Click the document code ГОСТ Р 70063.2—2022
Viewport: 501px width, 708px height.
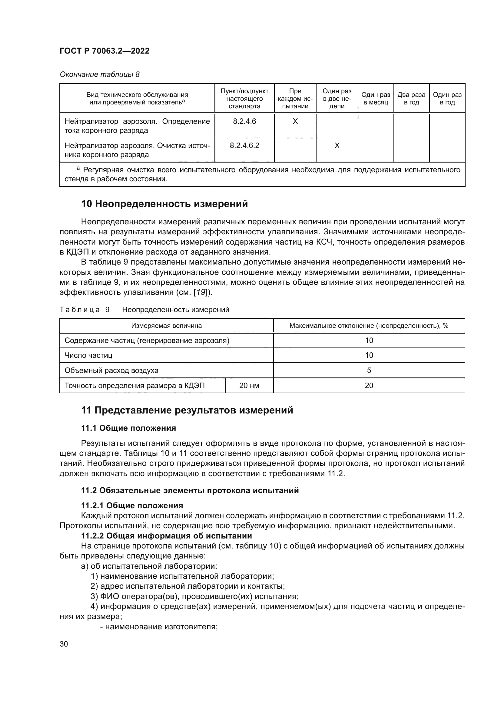[104, 51]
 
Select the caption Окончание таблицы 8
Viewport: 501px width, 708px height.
[99, 74]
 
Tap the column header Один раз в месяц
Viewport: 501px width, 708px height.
[375, 99]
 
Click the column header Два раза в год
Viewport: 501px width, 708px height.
[411, 99]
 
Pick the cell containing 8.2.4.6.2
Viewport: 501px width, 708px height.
[244, 146]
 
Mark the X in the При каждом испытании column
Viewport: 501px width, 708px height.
[295, 121]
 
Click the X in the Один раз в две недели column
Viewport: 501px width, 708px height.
[337, 146]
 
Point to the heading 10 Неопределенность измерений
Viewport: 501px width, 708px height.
[164, 204]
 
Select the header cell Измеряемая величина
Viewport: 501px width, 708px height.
[167, 326]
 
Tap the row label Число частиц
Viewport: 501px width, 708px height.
[88, 355]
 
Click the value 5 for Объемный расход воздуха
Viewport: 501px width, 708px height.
[369, 370]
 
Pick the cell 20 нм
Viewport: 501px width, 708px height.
[249, 385]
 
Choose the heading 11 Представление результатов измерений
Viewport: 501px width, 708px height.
[187, 410]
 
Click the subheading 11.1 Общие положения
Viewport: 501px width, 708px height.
[128, 428]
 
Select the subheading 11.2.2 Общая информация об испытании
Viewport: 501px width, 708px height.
[167, 536]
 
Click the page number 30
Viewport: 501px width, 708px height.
[64, 644]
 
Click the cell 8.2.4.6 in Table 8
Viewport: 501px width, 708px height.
[244, 121]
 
